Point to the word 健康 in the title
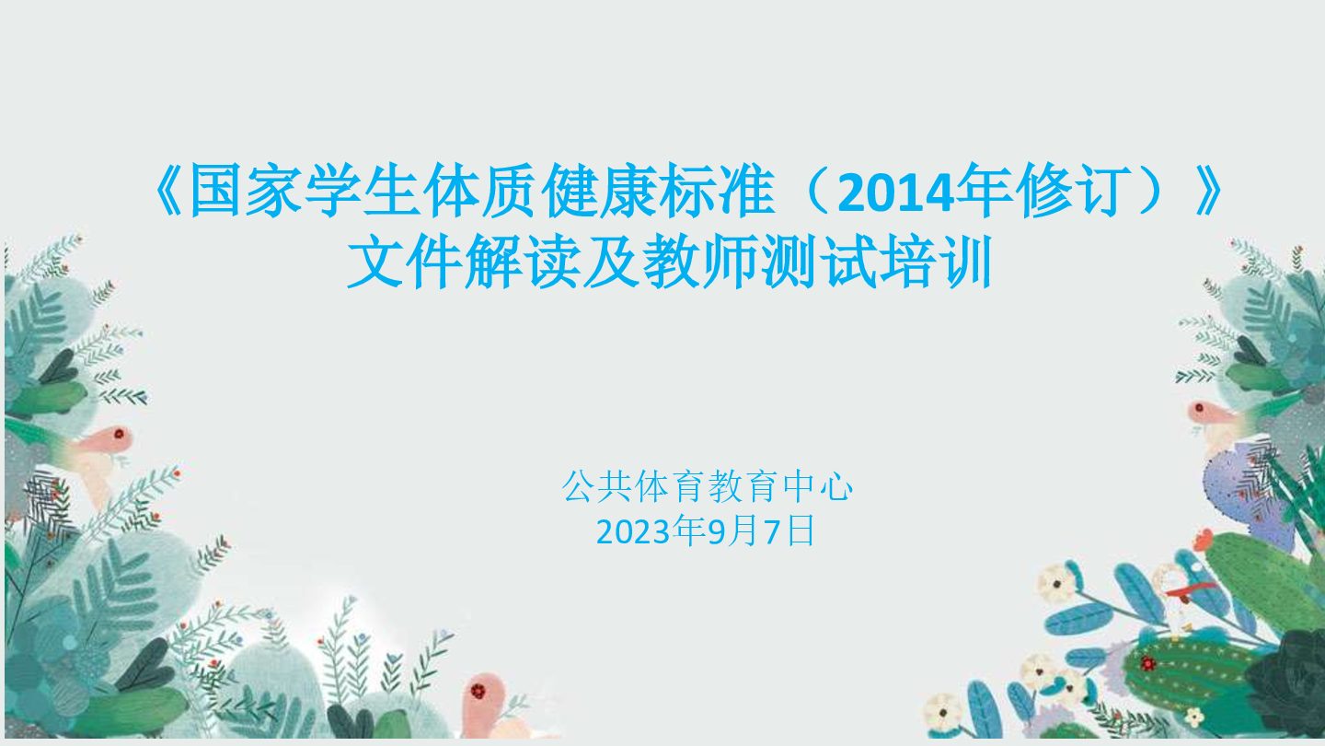[600, 191]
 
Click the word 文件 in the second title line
[405, 262]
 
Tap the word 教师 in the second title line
[700, 262]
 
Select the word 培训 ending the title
[937, 262]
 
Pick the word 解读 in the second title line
[523, 262]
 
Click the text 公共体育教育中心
[707, 486]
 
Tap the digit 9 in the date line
[716, 531]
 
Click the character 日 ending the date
[801, 530]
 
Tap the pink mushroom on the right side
[1210, 420]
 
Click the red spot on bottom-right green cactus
[1148, 663]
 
